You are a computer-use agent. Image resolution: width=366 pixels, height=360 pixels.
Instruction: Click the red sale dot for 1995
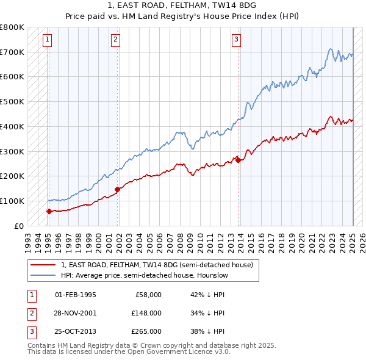(49, 211)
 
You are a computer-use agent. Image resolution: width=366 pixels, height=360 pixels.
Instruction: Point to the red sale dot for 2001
(118, 189)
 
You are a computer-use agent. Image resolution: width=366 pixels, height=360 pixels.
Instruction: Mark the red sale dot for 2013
(239, 160)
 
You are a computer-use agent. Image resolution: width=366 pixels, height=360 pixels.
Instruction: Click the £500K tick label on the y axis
(12, 102)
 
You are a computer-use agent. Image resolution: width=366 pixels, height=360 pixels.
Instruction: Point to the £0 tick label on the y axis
(18, 226)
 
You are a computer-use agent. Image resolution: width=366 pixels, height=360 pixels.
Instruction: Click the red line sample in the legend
(43, 265)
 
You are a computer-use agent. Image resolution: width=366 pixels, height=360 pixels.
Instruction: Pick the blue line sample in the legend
(43, 275)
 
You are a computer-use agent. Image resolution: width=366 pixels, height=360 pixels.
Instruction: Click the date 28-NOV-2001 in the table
(76, 313)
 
